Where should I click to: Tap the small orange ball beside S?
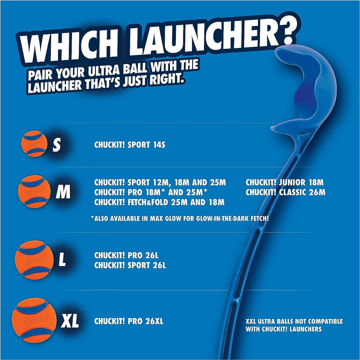click(x=33, y=144)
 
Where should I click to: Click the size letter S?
click(x=56, y=145)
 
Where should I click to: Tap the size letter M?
click(x=63, y=192)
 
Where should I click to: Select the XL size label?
click(x=70, y=321)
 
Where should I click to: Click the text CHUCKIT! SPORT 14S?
click(x=129, y=145)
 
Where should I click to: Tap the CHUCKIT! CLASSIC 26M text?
click(x=285, y=192)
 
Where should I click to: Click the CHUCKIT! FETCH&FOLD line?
click(x=159, y=202)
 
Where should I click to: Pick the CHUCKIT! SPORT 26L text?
click(x=130, y=265)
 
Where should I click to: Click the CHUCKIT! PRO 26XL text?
click(x=129, y=321)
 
